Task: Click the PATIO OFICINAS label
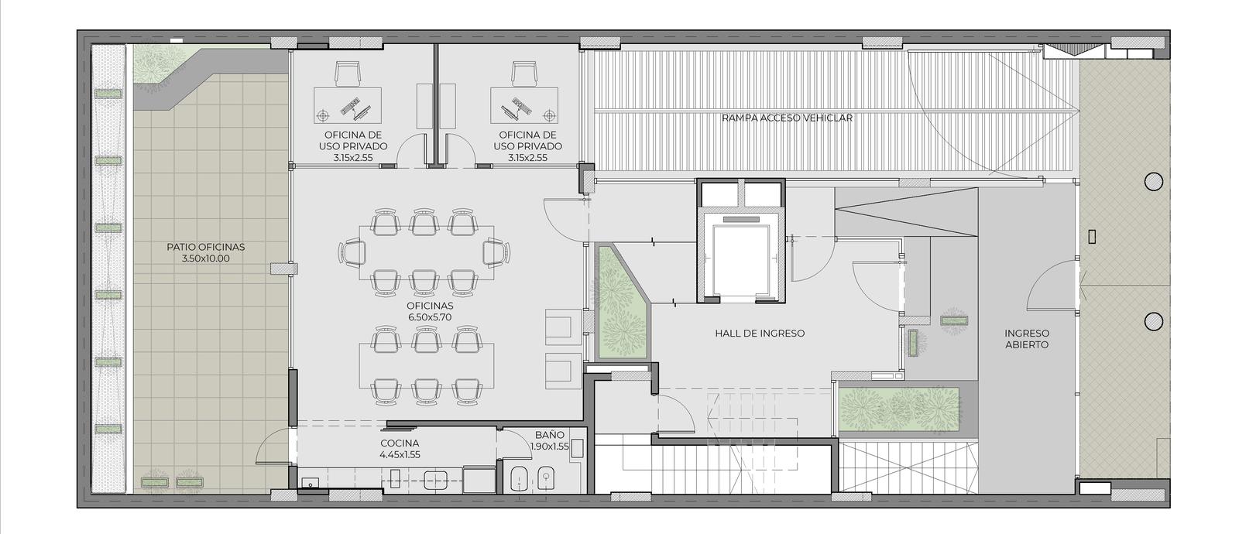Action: tap(206, 252)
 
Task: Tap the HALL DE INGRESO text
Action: tap(760, 334)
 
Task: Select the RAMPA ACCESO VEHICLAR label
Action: tap(787, 118)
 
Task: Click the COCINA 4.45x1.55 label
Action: tap(400, 449)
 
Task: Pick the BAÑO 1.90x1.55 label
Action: tap(550, 440)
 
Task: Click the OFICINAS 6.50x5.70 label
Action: tap(430, 311)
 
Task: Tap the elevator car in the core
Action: tap(740, 260)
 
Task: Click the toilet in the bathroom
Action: tap(517, 479)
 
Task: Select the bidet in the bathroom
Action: tap(546, 479)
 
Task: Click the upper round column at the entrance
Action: tap(1153, 181)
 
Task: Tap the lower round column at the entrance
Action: tap(1153, 321)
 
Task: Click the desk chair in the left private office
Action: tap(348, 74)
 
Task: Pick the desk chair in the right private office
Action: tap(523, 74)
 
